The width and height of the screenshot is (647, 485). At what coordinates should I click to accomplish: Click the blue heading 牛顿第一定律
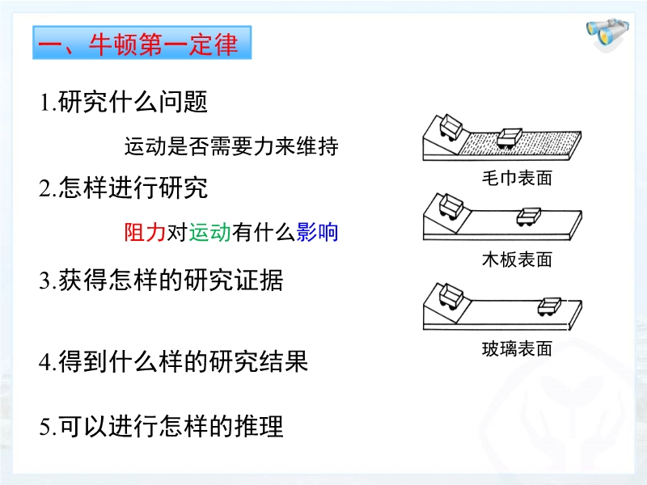pyautogui.click(x=142, y=43)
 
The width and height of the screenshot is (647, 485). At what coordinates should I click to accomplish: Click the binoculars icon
pyautogui.click(x=607, y=34)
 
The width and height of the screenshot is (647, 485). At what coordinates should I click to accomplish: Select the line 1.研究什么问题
pyautogui.click(x=123, y=102)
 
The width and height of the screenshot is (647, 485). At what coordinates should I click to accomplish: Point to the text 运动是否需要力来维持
pyautogui.click(x=231, y=146)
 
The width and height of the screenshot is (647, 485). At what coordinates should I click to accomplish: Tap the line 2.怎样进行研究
pyautogui.click(x=123, y=188)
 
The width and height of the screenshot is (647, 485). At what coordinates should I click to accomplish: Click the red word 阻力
pyautogui.click(x=145, y=232)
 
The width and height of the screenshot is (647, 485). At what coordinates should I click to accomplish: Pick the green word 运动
pyautogui.click(x=210, y=232)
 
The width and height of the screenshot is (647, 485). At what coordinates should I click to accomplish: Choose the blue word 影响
pyautogui.click(x=317, y=232)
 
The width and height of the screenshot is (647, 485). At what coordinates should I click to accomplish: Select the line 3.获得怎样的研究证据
pyautogui.click(x=161, y=280)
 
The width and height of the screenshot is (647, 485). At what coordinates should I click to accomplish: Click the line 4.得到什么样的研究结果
pyautogui.click(x=173, y=361)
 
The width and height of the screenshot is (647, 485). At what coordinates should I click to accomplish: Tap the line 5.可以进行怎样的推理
pyautogui.click(x=161, y=426)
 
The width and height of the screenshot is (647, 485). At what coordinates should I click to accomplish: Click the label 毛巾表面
pyautogui.click(x=517, y=178)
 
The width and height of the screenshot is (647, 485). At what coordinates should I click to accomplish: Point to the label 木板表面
pyautogui.click(x=517, y=259)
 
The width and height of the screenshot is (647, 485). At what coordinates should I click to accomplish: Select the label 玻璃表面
pyautogui.click(x=517, y=349)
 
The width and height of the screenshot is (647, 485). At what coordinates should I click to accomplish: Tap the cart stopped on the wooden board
pyautogui.click(x=529, y=217)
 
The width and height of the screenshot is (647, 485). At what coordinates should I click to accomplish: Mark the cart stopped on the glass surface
pyautogui.click(x=550, y=306)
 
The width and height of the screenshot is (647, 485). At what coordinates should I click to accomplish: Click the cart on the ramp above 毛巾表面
pyautogui.click(x=450, y=127)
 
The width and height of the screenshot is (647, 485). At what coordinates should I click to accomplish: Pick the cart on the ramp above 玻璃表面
pyautogui.click(x=450, y=296)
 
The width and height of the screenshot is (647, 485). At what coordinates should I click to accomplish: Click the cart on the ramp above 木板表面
pyautogui.click(x=450, y=205)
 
